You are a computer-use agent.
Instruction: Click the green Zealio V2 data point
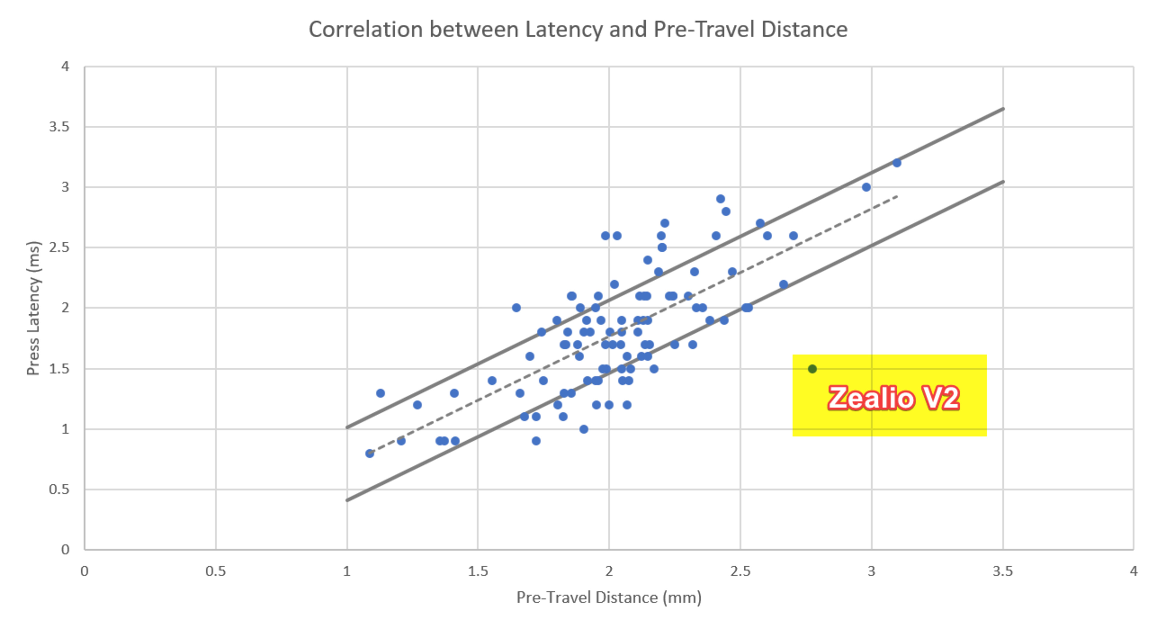(812, 369)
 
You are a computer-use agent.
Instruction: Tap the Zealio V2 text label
(893, 398)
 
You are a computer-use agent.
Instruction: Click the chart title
(578, 30)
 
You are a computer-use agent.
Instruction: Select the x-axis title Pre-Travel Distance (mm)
(609, 598)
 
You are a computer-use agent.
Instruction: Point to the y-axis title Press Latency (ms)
(34, 308)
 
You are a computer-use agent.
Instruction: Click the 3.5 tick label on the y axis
(59, 127)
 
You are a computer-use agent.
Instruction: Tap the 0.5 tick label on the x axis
(216, 571)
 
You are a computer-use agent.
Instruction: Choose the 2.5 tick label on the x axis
(740, 571)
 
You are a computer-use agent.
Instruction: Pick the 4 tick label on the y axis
(66, 67)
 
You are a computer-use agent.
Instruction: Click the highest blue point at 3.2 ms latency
(896, 163)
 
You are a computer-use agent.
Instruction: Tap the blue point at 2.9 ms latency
(720, 199)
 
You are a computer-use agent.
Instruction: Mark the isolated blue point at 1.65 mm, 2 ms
(516, 308)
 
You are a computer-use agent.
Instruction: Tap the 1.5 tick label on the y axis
(59, 369)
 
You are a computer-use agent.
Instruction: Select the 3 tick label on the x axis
(871, 571)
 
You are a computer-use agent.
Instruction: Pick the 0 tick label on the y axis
(66, 549)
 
